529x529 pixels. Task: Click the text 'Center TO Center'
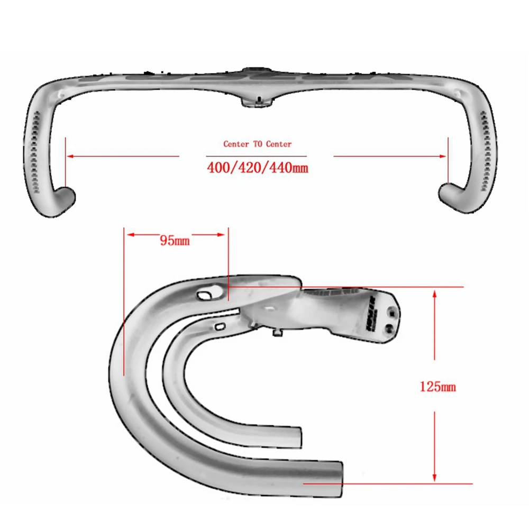[257, 144]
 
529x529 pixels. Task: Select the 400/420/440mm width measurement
[257, 169]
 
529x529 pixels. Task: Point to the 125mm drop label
[437, 387]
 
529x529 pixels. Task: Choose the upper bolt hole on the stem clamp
[394, 306]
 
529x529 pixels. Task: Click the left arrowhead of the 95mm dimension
[129, 235]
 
